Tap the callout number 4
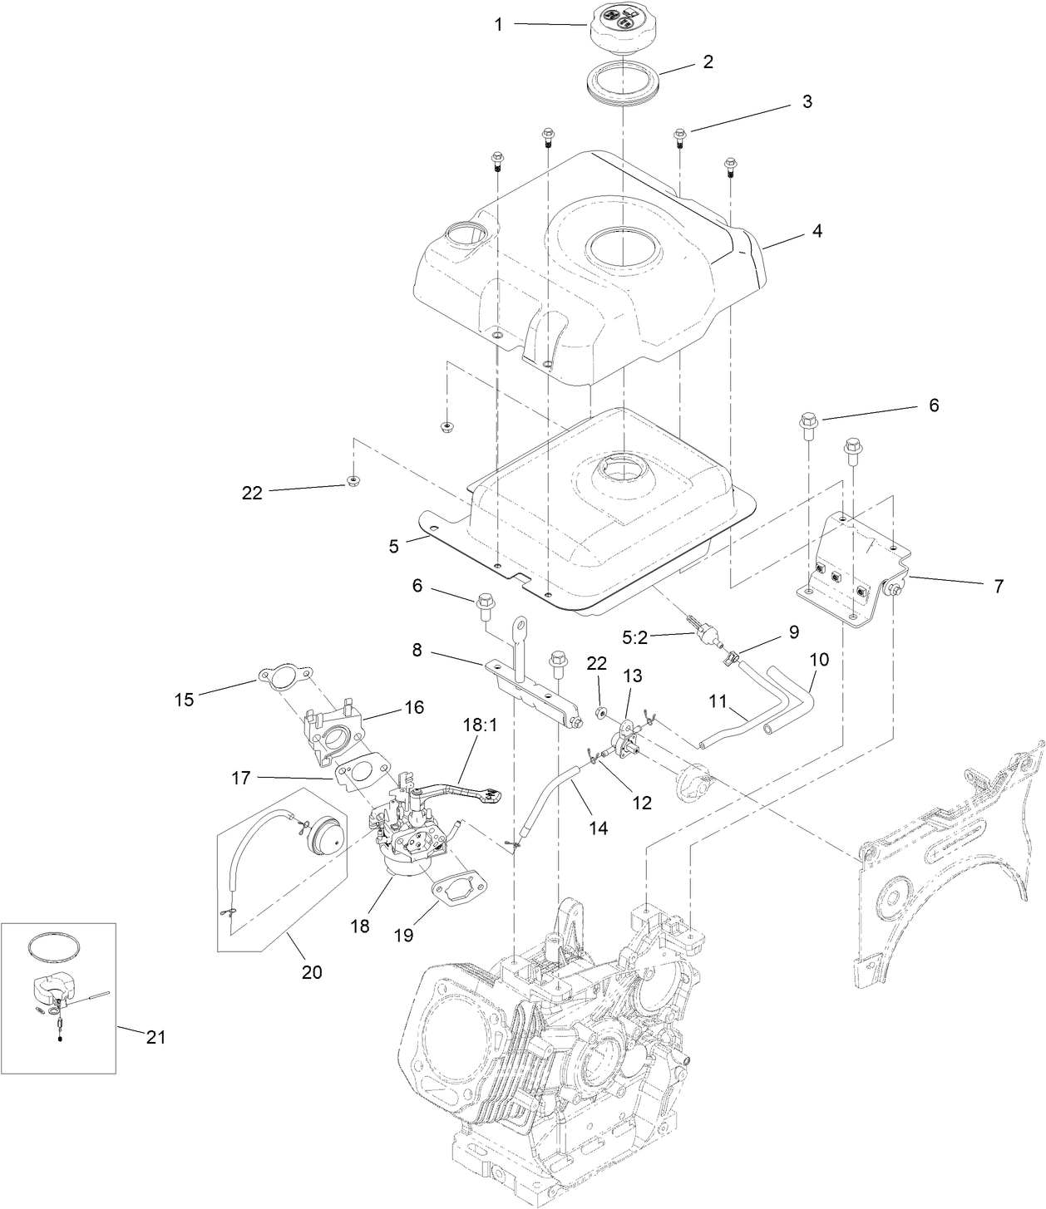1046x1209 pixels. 817,231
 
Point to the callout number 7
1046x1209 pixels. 998,586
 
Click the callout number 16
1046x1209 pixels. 413,707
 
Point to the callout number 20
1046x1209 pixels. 312,971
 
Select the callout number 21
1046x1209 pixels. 155,1037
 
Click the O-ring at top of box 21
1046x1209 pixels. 55,946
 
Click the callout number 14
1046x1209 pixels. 598,828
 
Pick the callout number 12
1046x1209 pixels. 641,803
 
